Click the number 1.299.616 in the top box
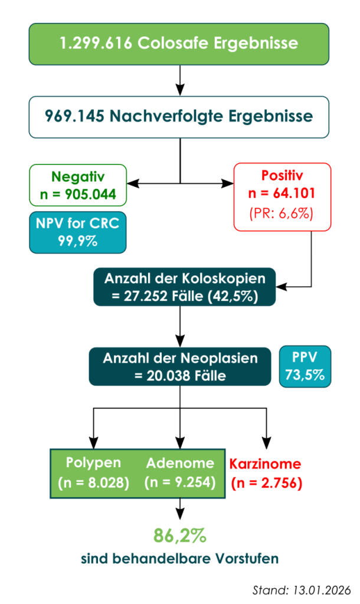click(96, 42)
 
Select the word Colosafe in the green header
click(173, 42)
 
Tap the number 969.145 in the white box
click(74, 116)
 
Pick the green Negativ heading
click(78, 177)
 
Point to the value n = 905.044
click(78, 194)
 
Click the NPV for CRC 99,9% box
click(78, 232)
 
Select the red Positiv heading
click(282, 175)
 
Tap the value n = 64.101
click(282, 193)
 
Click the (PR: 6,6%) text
click(282, 213)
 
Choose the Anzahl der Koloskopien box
click(185, 287)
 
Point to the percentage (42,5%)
click(233, 296)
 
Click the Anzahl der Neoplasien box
click(180, 367)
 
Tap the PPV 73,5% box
click(305, 366)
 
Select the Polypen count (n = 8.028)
click(93, 482)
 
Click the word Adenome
click(180, 463)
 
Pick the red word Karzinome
click(265, 464)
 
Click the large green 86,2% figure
click(180, 536)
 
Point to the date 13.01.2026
click(322, 590)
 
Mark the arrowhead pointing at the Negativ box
click(133, 184)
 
